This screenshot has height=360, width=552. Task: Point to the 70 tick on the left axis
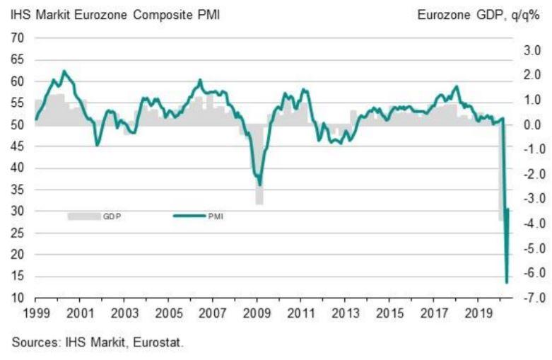(x=19, y=38)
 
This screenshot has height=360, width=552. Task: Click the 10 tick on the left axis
(x=19, y=298)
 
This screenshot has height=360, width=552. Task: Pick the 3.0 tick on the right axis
(x=532, y=50)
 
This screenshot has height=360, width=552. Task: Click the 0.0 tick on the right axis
(x=532, y=125)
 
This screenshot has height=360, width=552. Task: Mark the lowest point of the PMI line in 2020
(x=507, y=282)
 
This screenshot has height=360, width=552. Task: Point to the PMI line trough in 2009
(x=259, y=184)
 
